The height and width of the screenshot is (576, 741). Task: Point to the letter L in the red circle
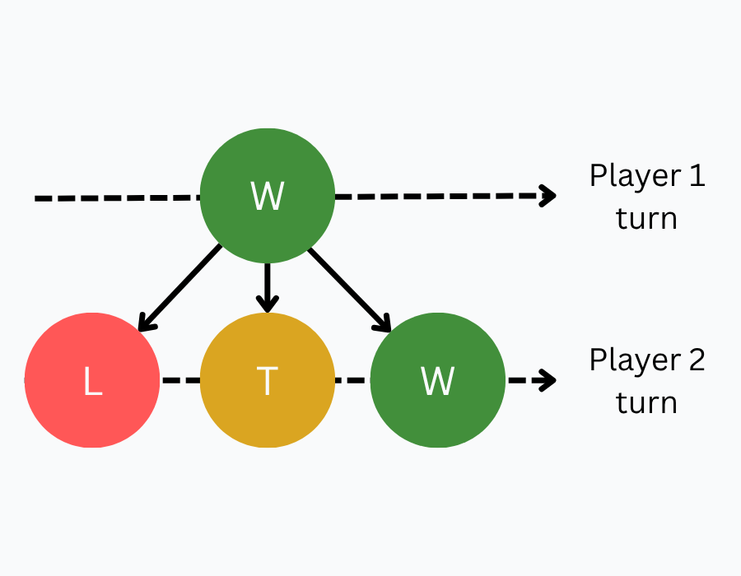tap(93, 382)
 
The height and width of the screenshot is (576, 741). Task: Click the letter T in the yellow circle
tap(268, 382)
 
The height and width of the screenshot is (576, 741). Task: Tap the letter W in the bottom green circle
tap(437, 382)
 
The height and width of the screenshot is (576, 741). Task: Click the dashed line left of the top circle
tap(115, 198)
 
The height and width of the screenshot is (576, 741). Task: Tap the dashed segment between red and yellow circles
tap(179, 381)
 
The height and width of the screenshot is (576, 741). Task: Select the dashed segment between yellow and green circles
tap(352, 381)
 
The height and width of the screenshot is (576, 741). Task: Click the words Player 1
tap(647, 176)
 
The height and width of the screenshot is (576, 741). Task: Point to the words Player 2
tap(647, 360)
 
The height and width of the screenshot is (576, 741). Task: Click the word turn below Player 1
tap(647, 219)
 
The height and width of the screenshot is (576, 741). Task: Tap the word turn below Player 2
tap(647, 403)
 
